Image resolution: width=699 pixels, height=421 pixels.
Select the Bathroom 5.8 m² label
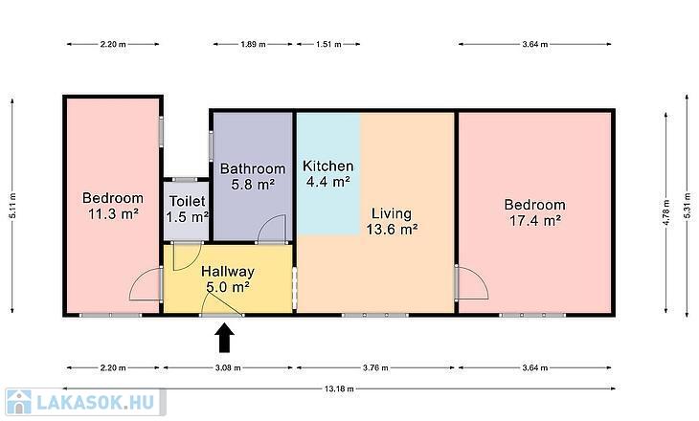(253, 176)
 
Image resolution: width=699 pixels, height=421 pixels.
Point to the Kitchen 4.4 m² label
(328, 173)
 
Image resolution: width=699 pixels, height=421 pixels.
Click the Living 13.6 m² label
(392, 221)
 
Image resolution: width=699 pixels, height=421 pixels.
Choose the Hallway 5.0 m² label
(228, 278)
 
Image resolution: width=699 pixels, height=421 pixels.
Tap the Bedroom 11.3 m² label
(113, 206)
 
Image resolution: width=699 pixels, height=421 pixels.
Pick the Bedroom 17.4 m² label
(535, 212)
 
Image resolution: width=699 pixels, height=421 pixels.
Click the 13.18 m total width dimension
(339, 388)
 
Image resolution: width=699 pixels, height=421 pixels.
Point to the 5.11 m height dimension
(12, 206)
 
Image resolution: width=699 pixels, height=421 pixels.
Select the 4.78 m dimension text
(666, 212)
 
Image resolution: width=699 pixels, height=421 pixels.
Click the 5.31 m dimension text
(687, 206)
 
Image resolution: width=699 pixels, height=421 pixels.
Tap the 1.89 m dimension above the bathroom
(253, 44)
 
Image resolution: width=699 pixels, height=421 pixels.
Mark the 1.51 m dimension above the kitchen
(328, 44)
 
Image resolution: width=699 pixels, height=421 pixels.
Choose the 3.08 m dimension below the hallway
(228, 368)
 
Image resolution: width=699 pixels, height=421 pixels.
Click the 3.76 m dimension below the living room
(375, 368)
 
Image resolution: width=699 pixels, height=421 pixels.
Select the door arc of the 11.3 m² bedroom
(136, 278)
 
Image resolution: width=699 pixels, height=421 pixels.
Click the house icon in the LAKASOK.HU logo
(19, 402)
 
